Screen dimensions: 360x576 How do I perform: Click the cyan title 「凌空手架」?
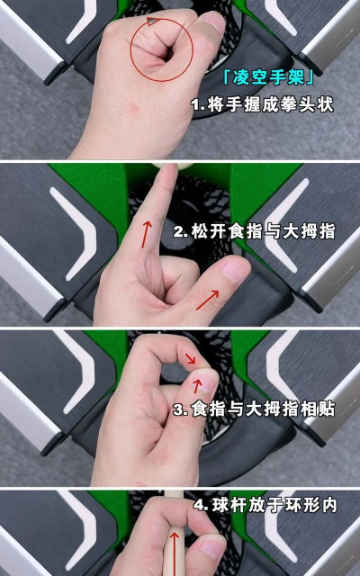268,78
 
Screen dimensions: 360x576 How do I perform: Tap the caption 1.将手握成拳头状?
262,105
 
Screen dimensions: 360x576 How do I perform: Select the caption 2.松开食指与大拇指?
254,231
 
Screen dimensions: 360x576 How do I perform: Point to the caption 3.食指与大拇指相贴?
254,409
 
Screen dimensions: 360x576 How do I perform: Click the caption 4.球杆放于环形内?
265,505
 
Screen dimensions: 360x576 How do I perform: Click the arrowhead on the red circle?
151,22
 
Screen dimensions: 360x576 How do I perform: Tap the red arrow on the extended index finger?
147,234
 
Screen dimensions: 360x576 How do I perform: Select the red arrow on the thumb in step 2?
208,300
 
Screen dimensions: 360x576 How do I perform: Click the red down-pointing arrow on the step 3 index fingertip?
190,358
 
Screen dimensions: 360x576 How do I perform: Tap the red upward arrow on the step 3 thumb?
197,386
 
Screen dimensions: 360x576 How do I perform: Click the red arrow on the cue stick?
174,554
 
